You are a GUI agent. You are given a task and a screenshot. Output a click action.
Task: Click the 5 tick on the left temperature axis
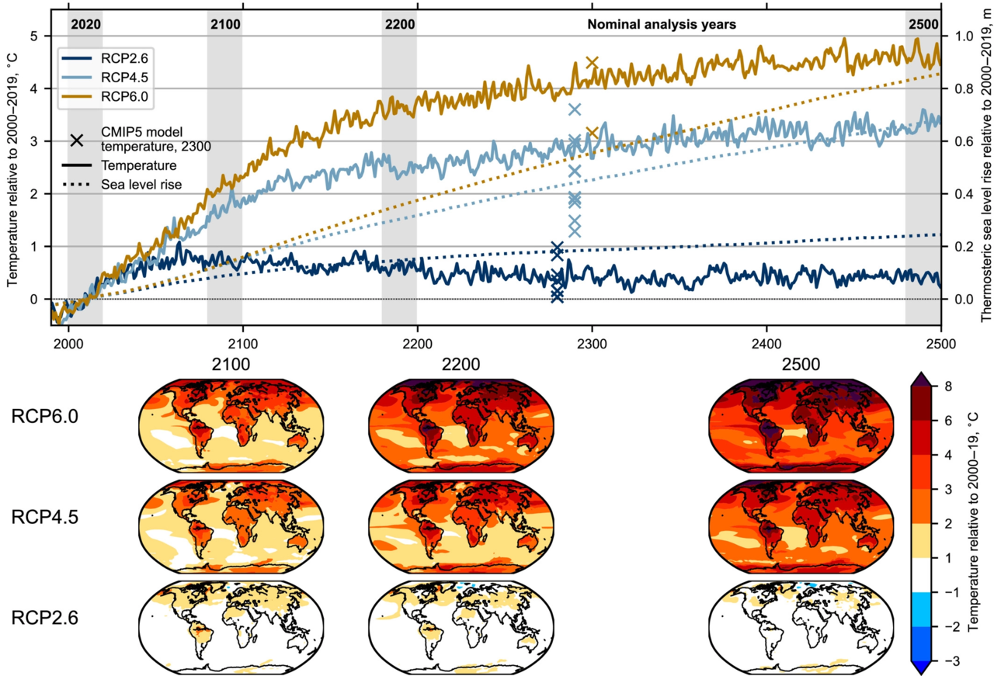coord(34,36)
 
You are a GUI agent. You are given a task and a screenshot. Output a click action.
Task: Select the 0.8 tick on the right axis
coord(960,88)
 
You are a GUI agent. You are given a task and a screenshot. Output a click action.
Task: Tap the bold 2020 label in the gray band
coord(85,24)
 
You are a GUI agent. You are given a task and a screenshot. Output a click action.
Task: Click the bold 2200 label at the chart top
coord(399,24)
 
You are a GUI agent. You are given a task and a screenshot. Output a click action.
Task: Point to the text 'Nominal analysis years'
coord(662,24)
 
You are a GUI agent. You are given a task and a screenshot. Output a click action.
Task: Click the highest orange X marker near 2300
coord(593,62)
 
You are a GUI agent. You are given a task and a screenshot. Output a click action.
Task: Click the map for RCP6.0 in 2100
coord(224,424)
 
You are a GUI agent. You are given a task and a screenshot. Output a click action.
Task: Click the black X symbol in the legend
coord(78,140)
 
